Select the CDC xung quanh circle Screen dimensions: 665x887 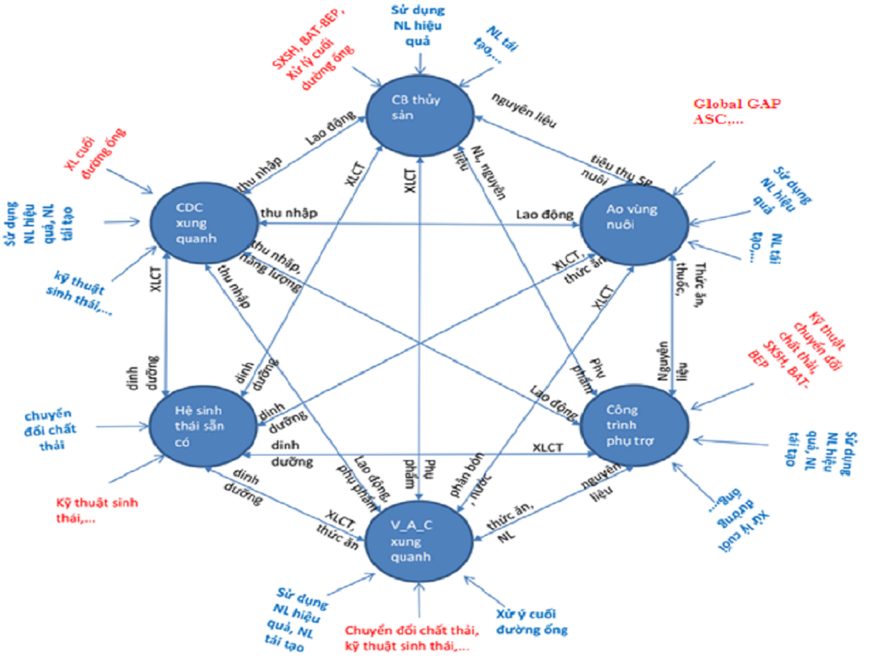coord(204,223)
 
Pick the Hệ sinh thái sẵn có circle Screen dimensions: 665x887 coord(198,426)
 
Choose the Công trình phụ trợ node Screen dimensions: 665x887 coord(633,425)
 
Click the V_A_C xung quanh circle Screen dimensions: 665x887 coord(418,541)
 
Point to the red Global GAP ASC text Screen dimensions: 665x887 coord(736,111)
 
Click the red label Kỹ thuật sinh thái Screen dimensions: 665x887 coord(97,510)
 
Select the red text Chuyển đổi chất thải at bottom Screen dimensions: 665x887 coord(411,638)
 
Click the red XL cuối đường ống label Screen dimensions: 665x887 coord(95,154)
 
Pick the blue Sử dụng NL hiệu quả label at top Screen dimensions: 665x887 coord(417,26)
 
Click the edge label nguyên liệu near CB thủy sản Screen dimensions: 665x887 coord(524,110)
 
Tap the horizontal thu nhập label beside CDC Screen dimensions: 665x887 coord(288,213)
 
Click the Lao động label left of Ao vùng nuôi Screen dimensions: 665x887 coord(545,214)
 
